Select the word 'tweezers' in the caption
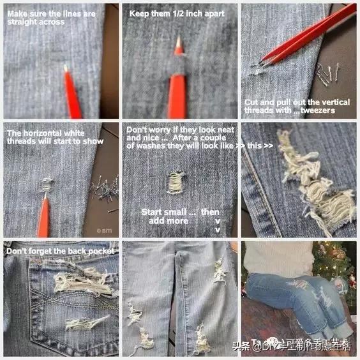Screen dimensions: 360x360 322,110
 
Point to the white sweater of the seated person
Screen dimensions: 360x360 278,259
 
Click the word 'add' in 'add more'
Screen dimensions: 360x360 155,221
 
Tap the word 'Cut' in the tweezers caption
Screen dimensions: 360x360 251,102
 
